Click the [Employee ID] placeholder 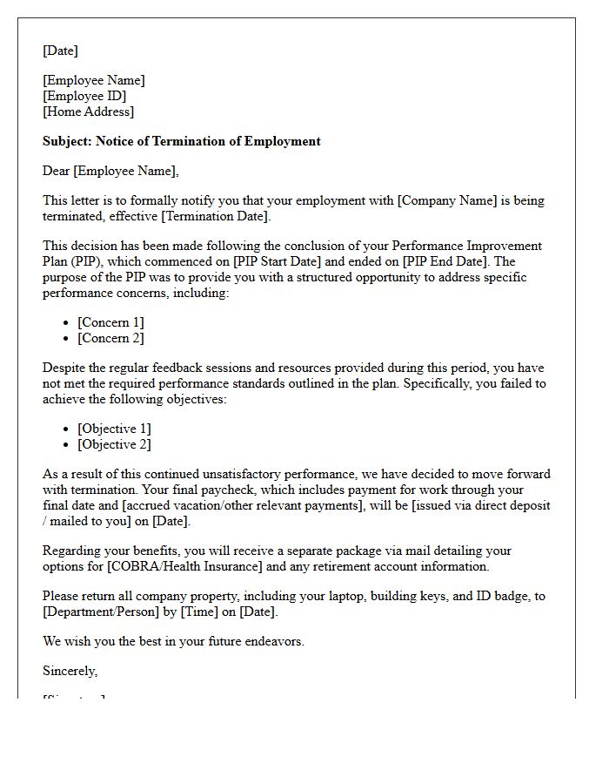pos(84,96)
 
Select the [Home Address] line pos(89,112)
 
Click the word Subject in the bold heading pos(66,141)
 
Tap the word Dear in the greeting pos(57,171)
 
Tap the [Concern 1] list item pos(110,322)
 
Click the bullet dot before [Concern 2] pos(68,339)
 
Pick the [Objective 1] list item pos(114,429)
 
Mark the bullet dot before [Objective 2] pos(68,445)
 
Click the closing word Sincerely pos(70,671)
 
